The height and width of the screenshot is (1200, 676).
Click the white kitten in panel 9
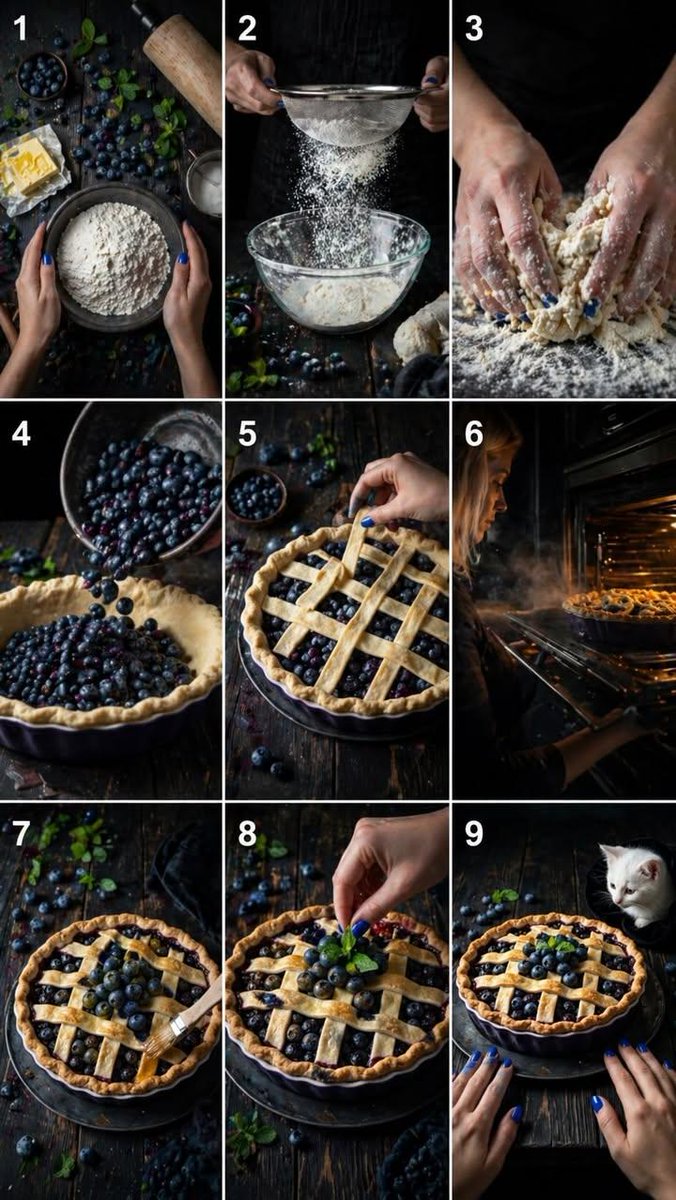[636, 883]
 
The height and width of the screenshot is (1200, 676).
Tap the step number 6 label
[474, 433]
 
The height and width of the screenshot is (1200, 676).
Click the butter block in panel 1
[28, 166]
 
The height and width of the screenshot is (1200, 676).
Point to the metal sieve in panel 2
[348, 112]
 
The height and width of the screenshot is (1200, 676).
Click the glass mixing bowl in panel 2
[339, 269]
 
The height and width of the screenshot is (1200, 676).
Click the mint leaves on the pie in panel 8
[355, 954]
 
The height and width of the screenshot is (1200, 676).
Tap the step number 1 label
[20, 28]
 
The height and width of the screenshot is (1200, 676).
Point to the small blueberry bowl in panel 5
[256, 496]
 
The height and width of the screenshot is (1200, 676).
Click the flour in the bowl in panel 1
[113, 259]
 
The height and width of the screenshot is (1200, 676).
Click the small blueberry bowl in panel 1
[42, 76]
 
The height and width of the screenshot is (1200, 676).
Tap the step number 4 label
[21, 433]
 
